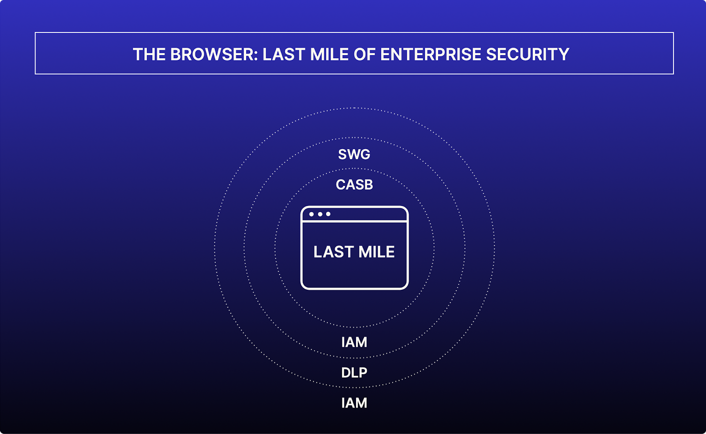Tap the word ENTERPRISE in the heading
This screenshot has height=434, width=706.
431,55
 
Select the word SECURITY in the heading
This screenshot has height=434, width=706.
527,55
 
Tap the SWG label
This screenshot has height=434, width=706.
354,154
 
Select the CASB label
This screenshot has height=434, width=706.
354,184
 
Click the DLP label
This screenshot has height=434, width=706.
354,373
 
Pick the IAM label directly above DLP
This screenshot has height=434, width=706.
354,342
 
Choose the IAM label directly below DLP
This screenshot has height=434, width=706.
354,403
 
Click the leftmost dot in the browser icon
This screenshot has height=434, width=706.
312,214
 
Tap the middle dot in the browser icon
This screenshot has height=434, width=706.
320,214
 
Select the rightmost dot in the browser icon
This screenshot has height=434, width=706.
328,214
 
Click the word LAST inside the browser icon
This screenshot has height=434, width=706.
333,252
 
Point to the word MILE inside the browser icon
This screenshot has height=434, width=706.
376,252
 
